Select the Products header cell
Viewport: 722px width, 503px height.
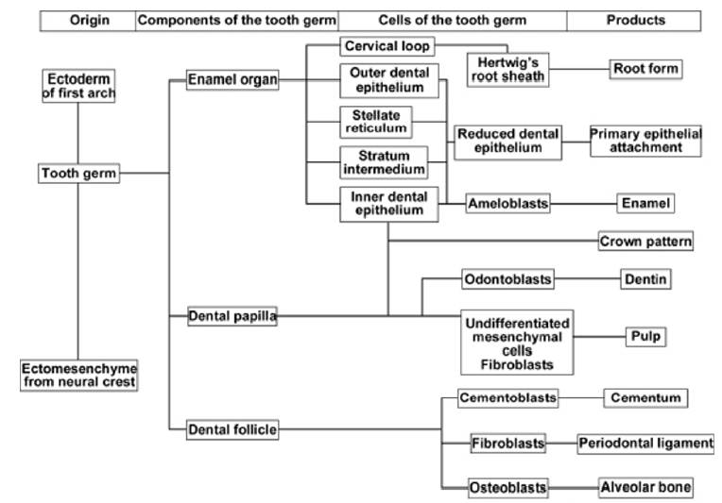634,20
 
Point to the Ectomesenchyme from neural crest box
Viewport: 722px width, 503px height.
79,375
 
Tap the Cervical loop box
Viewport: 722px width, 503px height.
388,45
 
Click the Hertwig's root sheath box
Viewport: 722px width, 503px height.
507,69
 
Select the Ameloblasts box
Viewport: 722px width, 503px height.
507,202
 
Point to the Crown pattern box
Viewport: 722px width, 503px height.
645,242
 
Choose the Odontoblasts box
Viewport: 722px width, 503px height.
507,279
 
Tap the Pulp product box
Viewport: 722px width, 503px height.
645,336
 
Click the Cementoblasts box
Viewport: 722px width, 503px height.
507,397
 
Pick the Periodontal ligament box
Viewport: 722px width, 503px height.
645,443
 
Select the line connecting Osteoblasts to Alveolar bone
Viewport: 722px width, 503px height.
574,487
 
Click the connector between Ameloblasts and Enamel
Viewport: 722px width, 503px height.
584,202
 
